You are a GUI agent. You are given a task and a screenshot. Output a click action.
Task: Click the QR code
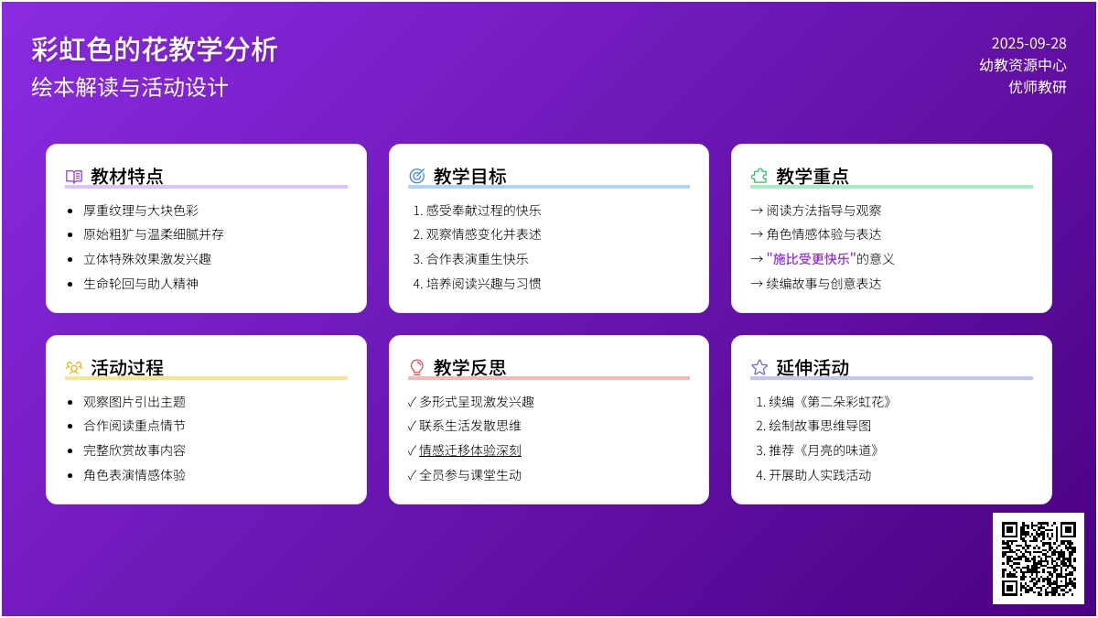[1039, 558]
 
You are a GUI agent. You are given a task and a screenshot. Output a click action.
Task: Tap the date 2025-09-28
[1028, 44]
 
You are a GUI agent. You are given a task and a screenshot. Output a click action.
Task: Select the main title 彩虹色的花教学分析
[155, 49]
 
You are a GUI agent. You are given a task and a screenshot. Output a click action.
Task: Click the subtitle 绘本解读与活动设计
[129, 87]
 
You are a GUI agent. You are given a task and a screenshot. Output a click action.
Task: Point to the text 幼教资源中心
[1023, 65]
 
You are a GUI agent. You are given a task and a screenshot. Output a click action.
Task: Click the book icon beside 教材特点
[74, 176]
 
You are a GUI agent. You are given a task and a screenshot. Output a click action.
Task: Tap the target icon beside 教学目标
[416, 176]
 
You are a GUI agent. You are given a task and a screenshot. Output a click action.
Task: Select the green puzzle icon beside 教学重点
[759, 176]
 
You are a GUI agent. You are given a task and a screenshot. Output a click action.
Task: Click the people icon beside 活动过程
[74, 367]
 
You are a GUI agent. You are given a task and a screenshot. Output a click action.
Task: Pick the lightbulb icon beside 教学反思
[416, 367]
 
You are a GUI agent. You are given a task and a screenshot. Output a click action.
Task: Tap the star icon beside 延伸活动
[759, 367]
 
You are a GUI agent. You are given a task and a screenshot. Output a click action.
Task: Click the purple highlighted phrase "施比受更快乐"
[812, 258]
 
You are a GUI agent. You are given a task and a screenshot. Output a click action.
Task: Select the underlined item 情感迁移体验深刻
[470, 450]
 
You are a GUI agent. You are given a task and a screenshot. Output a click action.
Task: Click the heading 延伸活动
[813, 367]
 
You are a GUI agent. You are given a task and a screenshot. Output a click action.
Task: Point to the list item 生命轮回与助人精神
[141, 284]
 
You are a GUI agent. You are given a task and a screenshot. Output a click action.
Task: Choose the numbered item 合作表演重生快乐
[470, 259]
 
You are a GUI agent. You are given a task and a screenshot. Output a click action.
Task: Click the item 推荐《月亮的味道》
[818, 450]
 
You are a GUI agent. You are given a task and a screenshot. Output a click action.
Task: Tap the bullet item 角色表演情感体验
[135, 475]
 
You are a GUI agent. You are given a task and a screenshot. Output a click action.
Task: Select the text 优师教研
[1038, 87]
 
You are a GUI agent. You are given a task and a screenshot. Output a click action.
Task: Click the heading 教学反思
[469, 367]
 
